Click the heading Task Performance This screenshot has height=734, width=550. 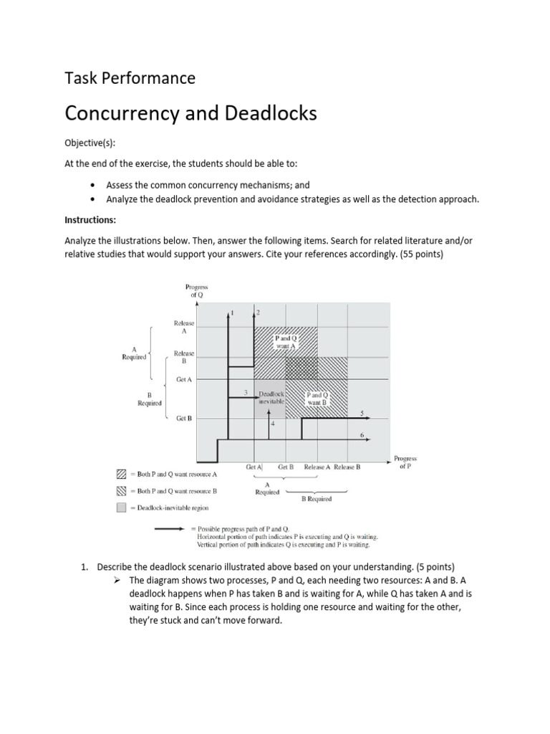coord(130,78)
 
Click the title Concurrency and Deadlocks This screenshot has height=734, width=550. coord(190,113)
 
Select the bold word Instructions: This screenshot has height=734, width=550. coord(88,219)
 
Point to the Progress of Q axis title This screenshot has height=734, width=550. coord(196,290)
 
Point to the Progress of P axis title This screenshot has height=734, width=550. coord(405,462)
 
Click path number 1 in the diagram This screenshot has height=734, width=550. coord(231,313)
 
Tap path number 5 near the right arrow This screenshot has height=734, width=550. coord(362,413)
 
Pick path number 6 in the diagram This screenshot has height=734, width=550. coord(362,435)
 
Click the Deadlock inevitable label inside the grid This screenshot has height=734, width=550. coord(271,398)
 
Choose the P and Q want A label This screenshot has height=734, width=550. coord(285,340)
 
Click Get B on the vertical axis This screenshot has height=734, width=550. coord(184,418)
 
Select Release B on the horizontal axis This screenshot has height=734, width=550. coord(347,467)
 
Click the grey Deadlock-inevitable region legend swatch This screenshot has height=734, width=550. coord(121,507)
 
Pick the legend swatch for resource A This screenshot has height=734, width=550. coord(121,475)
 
